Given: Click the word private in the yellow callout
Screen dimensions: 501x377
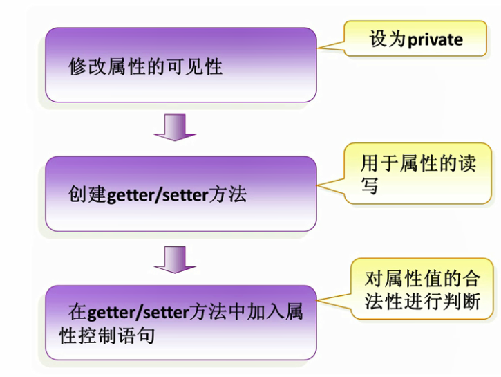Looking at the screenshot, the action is point(435,40).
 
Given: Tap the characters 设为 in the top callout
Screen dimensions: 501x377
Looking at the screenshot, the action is point(388,39).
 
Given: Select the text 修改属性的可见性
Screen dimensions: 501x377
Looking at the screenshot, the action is point(145,66).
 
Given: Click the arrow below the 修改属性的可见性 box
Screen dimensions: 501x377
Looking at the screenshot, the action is point(175,127).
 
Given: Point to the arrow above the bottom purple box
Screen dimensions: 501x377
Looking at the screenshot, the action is point(175,259).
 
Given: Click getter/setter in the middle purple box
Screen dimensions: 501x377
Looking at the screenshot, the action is point(157,196).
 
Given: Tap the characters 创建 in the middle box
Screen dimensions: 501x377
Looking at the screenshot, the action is point(87,194).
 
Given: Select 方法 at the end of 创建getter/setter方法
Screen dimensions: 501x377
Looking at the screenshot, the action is point(227,194).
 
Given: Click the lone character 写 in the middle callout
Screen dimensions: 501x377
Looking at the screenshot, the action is point(370,185).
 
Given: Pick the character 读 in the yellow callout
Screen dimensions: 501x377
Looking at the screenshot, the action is point(467,163).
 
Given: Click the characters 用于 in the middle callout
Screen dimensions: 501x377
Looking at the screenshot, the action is point(379,163).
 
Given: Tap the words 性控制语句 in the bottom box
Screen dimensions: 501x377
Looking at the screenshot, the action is point(107,335).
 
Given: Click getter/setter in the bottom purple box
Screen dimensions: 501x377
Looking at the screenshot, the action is point(138,313).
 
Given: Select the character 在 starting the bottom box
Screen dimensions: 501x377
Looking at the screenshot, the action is point(77,312).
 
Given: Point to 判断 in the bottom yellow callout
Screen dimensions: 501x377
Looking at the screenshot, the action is point(462,301).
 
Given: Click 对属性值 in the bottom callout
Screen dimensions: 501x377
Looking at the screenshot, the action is point(404,279).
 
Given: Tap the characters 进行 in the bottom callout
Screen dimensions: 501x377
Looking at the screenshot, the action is point(423,301).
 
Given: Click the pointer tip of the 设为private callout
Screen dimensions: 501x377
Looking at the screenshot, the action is point(317,48).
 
